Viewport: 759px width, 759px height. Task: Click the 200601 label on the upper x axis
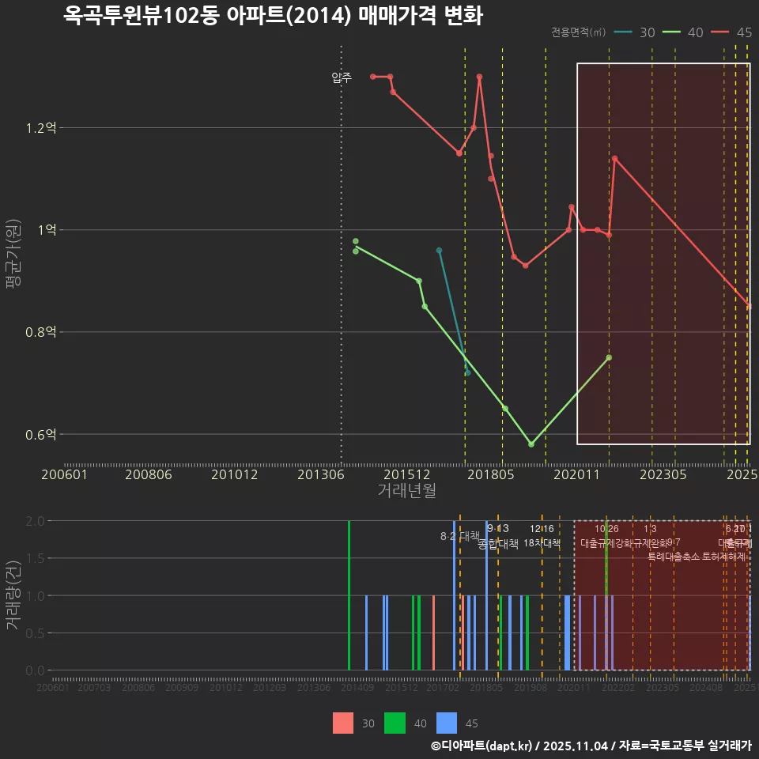coord(64,475)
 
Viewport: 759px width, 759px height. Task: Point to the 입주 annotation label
coord(342,77)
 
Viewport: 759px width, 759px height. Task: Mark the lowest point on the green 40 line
coord(531,444)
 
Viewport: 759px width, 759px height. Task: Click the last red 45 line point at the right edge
coord(749,307)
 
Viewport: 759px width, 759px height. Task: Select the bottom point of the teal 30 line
coord(467,373)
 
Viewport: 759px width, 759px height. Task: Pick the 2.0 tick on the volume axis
coord(35,521)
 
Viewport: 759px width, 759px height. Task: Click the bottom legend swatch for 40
coord(395,723)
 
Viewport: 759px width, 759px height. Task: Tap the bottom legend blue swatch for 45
coord(447,723)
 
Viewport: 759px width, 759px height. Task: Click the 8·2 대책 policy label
coord(460,536)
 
